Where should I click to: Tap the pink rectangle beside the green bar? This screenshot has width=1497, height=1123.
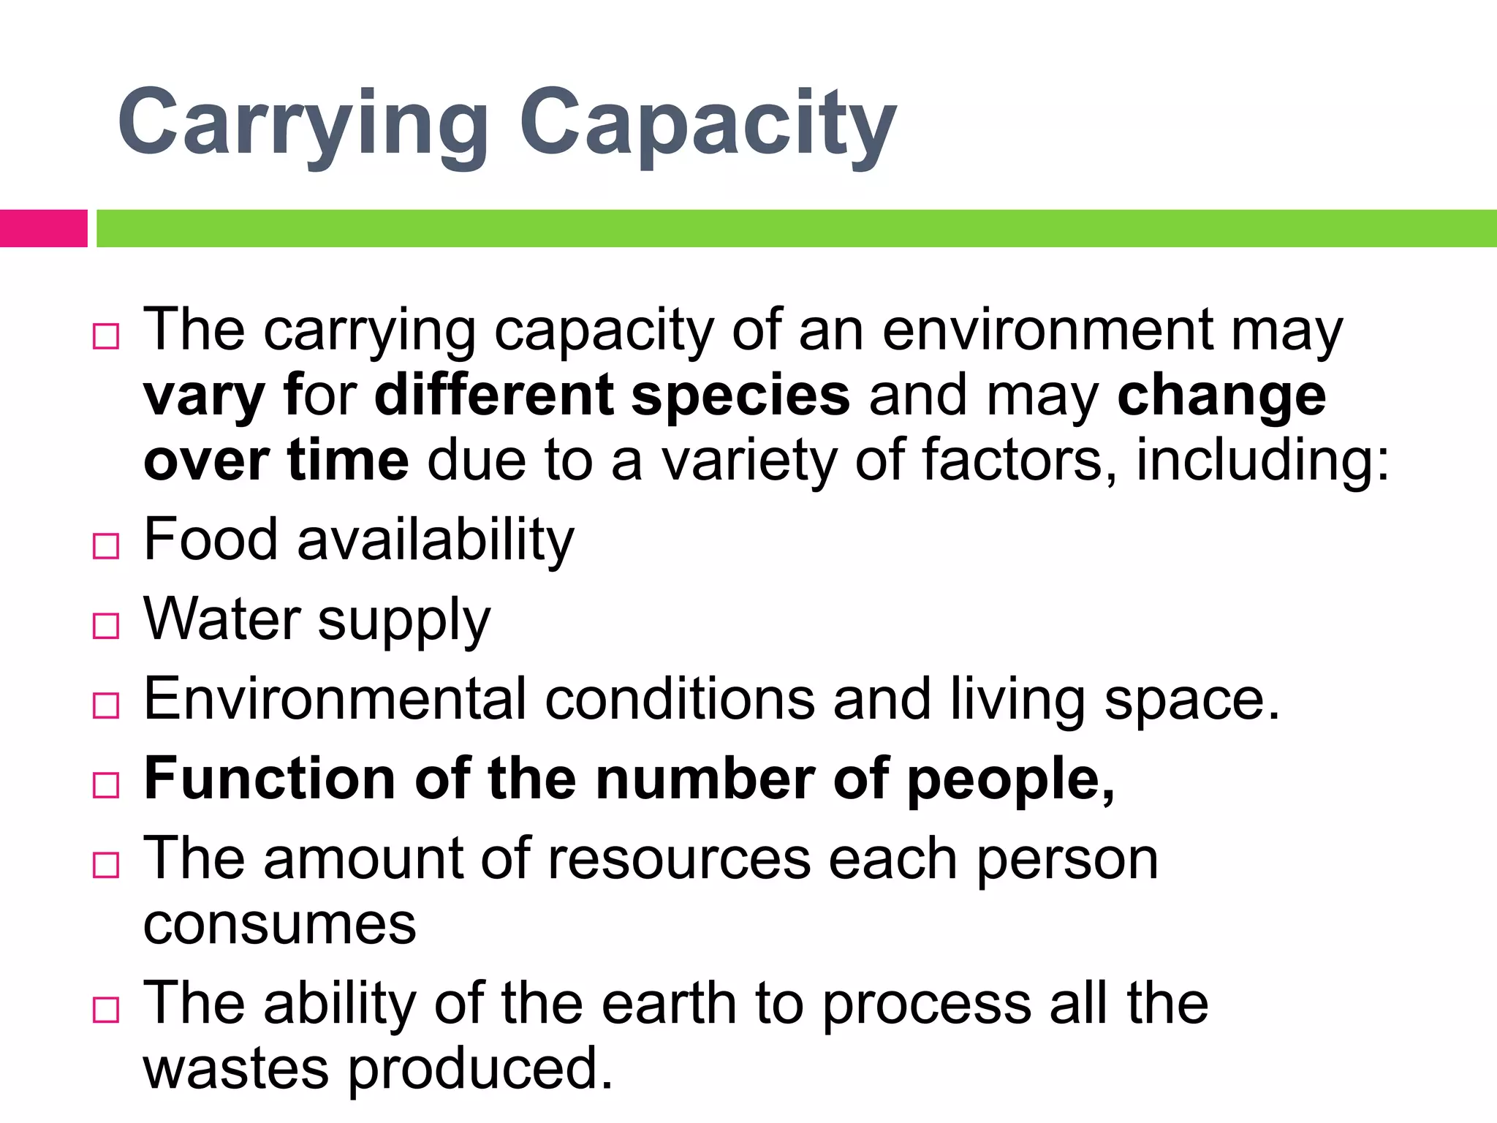click(x=43, y=228)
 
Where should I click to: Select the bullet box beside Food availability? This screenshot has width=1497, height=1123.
click(x=106, y=545)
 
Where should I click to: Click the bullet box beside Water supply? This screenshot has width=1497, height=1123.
click(x=106, y=626)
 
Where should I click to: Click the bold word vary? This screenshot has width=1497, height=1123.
click(x=204, y=396)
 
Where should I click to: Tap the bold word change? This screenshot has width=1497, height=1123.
click(x=1221, y=396)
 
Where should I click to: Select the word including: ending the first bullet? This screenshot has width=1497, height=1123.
click(x=1262, y=461)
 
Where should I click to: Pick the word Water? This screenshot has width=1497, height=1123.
click(x=222, y=619)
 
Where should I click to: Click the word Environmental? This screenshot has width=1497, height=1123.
click(x=335, y=699)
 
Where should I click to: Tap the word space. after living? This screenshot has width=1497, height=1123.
click(x=1191, y=700)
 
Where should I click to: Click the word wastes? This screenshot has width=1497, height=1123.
click(x=235, y=1070)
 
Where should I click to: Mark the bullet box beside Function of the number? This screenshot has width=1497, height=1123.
click(x=106, y=785)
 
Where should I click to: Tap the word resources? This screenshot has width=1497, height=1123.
click(x=679, y=859)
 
